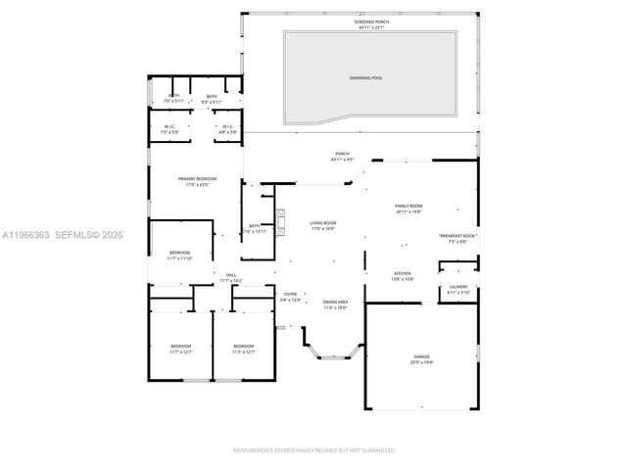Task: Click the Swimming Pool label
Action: pos(366,76)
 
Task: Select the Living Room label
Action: pos(323,226)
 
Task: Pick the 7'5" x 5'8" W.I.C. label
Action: pos(169,128)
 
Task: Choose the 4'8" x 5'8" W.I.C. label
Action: pos(226,128)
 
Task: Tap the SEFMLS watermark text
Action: pos(85,235)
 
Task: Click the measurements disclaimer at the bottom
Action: pos(313,450)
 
